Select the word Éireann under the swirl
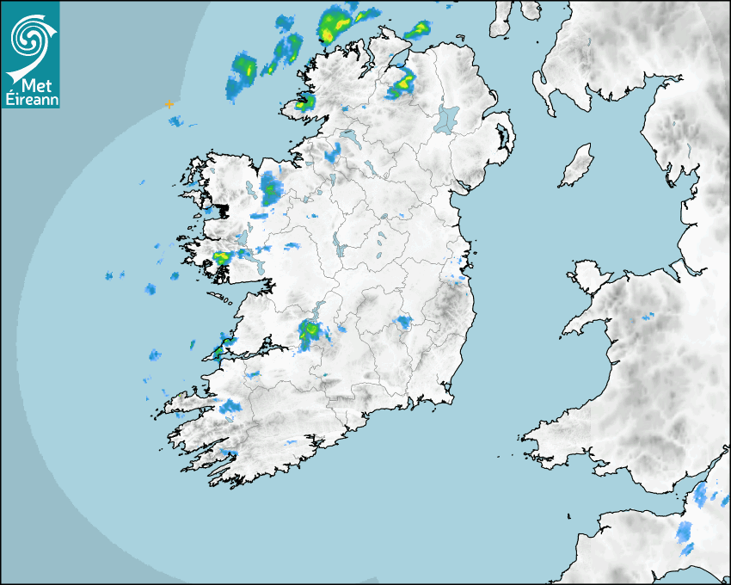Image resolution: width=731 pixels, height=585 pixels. tap(30, 99)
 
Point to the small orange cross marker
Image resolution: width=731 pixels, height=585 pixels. tap(169, 104)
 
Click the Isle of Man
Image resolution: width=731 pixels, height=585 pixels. tap(577, 165)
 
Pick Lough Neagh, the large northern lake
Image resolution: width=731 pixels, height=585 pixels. tap(446, 119)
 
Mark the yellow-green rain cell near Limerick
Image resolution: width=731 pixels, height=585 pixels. tap(310, 331)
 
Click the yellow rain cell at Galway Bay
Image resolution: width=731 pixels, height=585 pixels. tap(222, 256)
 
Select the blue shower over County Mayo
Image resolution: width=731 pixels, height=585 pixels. tap(272, 186)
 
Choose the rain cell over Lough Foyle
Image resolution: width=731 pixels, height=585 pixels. tap(402, 83)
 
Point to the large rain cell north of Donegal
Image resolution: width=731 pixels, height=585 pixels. tap(337, 22)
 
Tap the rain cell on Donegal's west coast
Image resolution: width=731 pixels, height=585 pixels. tap(303, 104)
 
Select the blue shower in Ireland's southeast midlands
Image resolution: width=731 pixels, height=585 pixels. tap(402, 323)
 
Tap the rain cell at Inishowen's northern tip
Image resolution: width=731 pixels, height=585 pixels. tap(417, 30)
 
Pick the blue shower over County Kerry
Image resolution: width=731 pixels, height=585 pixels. tap(229, 406)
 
